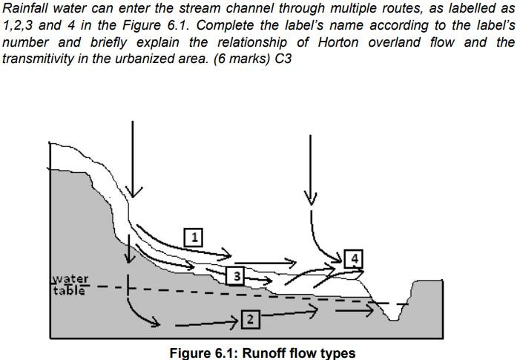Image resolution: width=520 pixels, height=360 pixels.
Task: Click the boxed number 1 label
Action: click(194, 237)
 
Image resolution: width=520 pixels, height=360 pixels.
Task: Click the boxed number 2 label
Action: click(250, 320)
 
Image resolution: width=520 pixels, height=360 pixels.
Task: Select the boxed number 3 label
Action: click(234, 276)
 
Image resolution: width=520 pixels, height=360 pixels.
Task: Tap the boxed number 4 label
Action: click(355, 258)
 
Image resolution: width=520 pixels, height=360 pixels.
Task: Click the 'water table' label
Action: click(70, 284)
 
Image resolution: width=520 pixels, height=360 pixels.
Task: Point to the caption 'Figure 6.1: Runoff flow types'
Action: click(262, 353)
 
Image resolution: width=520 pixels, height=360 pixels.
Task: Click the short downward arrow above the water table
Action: click(129, 256)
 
